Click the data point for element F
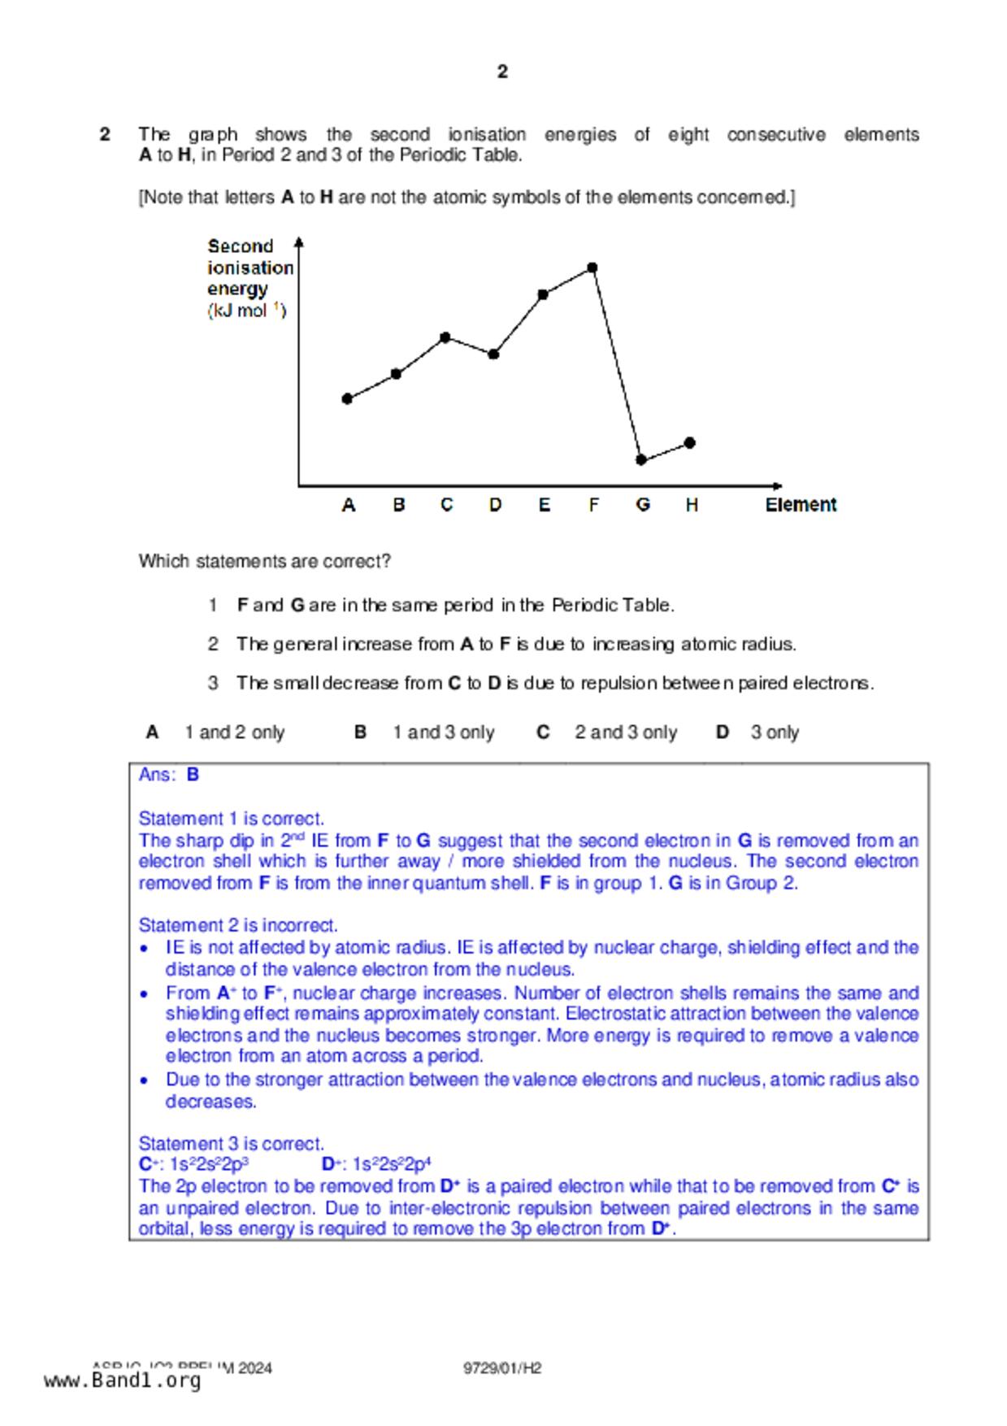(x=592, y=267)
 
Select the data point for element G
(x=641, y=460)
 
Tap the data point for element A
(x=347, y=398)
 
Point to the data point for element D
(x=493, y=354)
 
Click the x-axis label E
(x=544, y=505)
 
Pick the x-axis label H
(x=692, y=505)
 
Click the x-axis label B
(x=398, y=505)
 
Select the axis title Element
(x=801, y=505)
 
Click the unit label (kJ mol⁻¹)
(x=246, y=311)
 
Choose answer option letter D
(x=722, y=733)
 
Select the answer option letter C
(x=543, y=733)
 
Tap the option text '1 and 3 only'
(x=443, y=733)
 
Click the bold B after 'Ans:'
(x=193, y=775)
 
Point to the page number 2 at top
(x=502, y=72)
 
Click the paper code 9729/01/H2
(x=502, y=1368)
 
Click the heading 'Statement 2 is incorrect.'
(x=238, y=925)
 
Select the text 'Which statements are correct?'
(x=264, y=561)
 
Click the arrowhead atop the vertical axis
(x=299, y=241)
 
